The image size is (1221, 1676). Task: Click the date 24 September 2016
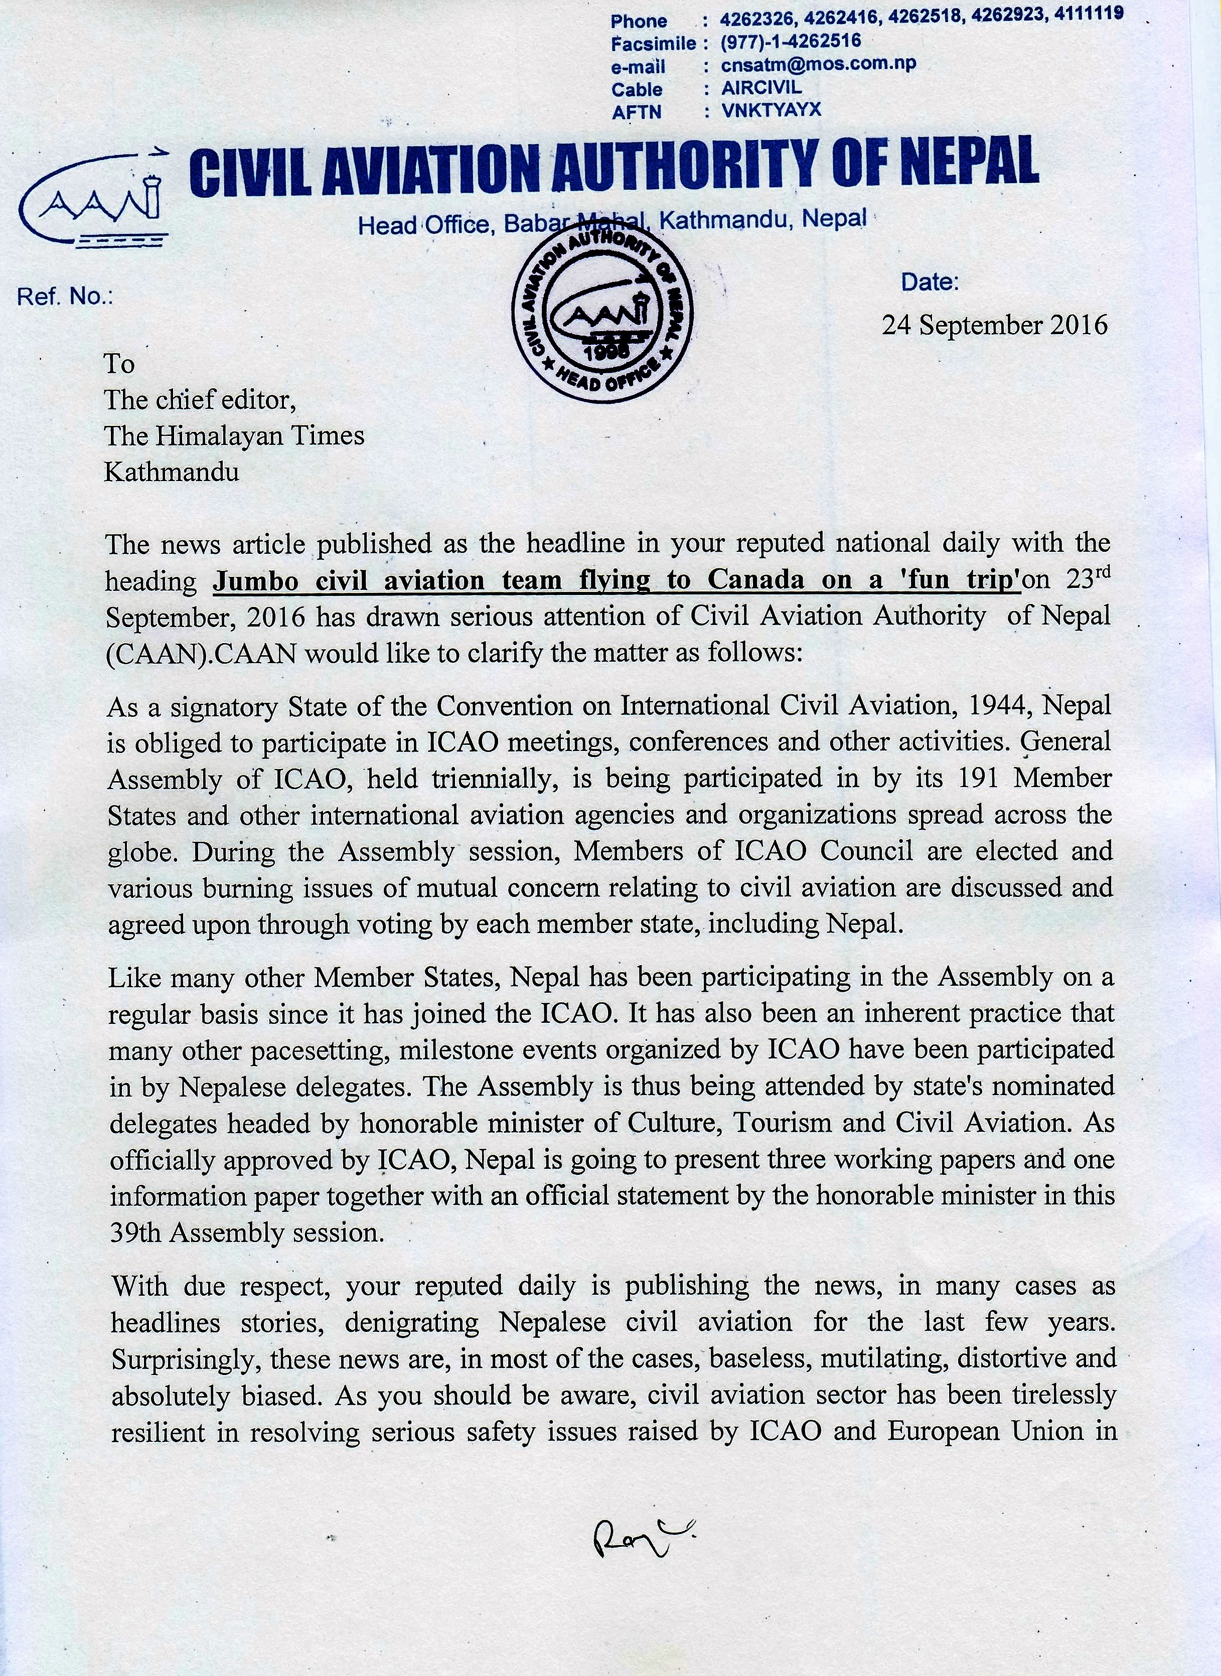[x=994, y=325]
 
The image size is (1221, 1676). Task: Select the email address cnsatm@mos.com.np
[x=818, y=64]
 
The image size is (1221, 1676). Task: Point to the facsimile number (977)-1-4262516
[x=791, y=41]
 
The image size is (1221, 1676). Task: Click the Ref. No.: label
[x=65, y=296]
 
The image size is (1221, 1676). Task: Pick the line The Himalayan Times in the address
[x=234, y=435]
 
